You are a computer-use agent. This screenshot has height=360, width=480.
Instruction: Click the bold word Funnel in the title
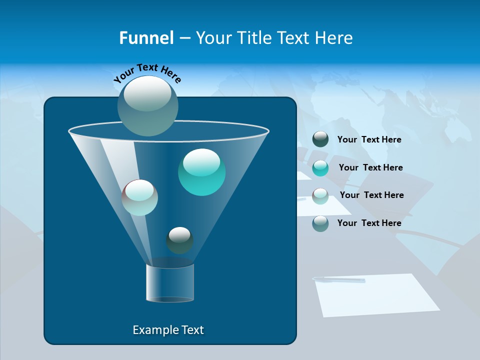(146, 38)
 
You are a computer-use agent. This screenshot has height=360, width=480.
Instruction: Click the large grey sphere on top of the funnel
(148, 105)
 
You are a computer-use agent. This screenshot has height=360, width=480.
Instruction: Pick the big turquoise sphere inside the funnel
(201, 172)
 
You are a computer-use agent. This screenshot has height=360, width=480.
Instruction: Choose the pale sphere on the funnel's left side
(140, 197)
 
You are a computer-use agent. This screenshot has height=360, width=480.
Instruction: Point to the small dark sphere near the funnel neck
(179, 240)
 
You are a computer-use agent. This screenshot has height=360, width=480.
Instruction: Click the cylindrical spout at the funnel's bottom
(170, 283)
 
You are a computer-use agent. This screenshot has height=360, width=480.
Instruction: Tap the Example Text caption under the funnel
(168, 330)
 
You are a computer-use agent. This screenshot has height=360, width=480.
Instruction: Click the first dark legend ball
(320, 139)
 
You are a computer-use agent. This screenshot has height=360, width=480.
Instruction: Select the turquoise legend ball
(320, 168)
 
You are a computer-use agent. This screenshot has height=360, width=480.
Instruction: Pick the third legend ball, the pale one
(320, 195)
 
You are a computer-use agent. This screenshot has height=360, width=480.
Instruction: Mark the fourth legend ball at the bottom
(320, 223)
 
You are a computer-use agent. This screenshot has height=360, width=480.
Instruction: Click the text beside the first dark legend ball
(369, 139)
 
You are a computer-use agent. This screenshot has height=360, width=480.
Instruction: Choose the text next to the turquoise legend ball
(370, 167)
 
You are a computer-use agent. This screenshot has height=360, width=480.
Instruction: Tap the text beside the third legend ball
(371, 195)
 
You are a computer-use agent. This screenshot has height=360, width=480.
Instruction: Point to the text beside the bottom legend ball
(369, 223)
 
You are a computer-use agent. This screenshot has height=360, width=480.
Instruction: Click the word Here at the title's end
(334, 38)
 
